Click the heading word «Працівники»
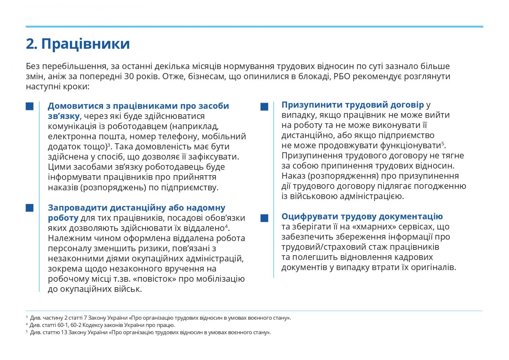click(86, 44)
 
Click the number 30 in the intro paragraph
click(125, 77)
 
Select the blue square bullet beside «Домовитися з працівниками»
click(30, 106)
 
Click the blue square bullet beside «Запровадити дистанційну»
click(30, 208)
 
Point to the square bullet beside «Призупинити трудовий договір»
click(264, 107)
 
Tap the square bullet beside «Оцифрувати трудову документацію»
click(264, 218)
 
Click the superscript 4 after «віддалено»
click(227, 226)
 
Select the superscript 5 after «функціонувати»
click(443, 143)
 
